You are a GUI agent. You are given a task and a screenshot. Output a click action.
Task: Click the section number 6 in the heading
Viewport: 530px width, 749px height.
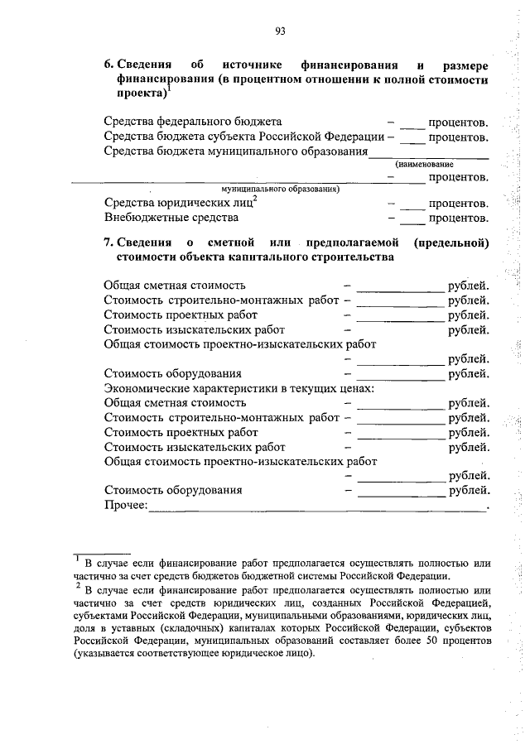108,65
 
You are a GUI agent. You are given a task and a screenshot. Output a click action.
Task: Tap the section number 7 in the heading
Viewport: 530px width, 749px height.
108,243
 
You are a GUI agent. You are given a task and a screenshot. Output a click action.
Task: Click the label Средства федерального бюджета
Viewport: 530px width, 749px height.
193,122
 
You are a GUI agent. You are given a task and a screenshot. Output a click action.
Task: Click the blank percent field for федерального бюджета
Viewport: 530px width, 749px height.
412,124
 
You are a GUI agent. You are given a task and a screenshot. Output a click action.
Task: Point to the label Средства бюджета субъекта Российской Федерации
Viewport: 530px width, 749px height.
243,137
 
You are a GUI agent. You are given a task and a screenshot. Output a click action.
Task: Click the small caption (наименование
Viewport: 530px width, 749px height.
430,164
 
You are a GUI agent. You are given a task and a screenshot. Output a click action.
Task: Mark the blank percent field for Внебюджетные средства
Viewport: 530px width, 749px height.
412,221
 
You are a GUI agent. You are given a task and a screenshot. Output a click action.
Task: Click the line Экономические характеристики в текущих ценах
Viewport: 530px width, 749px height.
239,387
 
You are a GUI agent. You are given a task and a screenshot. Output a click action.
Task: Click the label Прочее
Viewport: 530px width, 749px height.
125,505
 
